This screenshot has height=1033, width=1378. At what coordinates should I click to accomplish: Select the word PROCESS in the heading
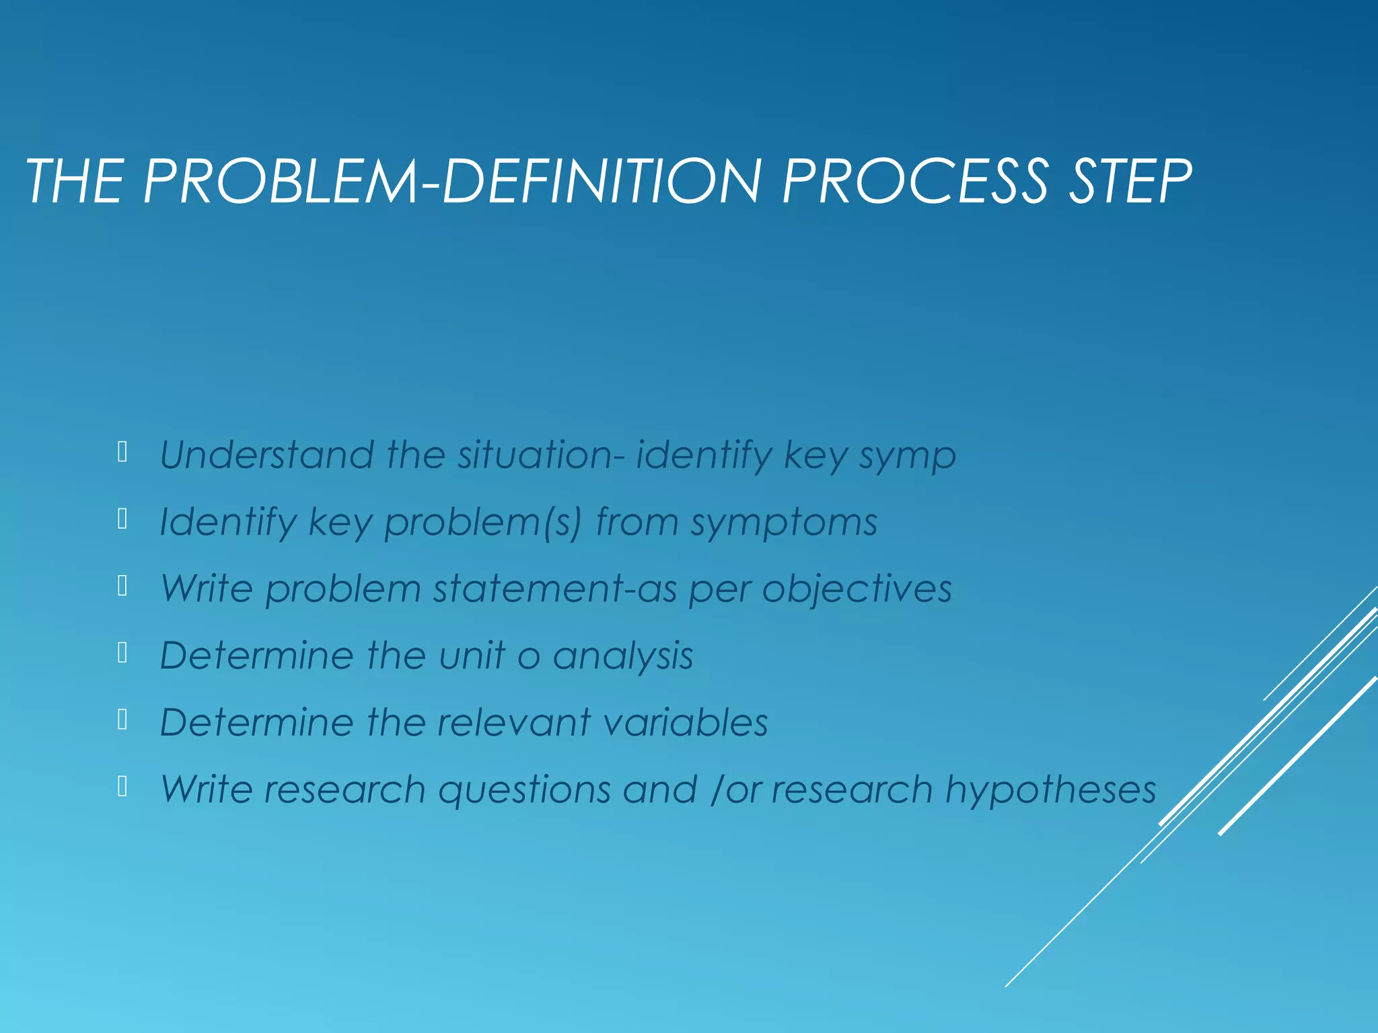[x=914, y=182]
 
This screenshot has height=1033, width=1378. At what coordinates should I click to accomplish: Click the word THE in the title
[x=75, y=182]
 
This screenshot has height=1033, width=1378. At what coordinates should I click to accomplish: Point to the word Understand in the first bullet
[x=266, y=455]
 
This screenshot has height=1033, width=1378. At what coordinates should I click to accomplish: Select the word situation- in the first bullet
[x=542, y=455]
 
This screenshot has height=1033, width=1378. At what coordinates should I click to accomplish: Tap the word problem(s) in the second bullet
[x=482, y=523]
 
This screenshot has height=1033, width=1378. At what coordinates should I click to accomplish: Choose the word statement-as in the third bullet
[x=554, y=588]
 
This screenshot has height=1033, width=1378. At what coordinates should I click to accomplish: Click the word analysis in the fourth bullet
[x=622, y=656]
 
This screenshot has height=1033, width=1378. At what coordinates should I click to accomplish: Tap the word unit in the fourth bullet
[x=472, y=655]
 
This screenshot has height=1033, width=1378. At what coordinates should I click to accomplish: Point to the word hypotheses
[x=1050, y=790]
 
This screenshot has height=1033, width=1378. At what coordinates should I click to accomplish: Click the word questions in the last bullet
[x=524, y=790]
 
